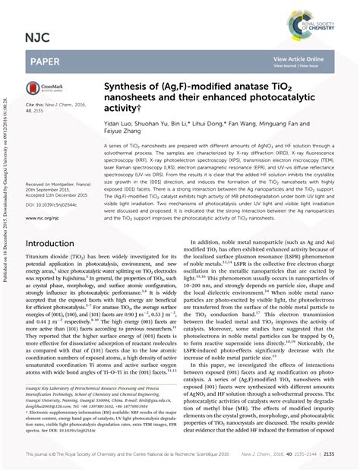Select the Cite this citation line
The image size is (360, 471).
49,105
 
